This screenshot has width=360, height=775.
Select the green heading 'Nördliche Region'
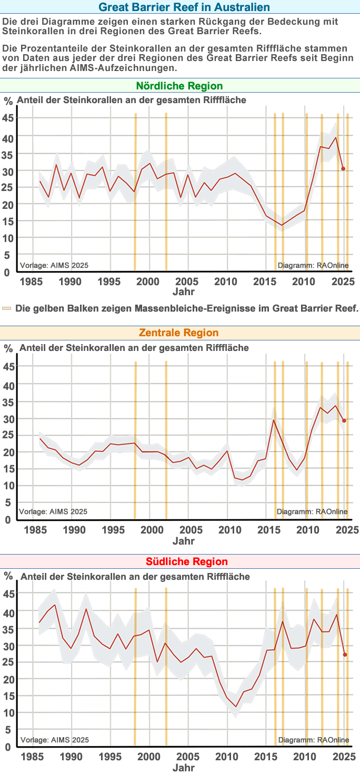tap(179, 86)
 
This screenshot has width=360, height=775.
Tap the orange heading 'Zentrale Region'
tap(178, 333)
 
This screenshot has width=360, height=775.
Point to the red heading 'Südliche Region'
tap(179, 561)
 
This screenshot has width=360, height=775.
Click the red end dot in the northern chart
tap(343, 169)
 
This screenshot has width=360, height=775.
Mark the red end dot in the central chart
tap(344, 420)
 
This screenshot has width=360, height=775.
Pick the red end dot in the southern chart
tap(345, 655)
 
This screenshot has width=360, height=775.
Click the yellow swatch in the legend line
tap(6, 308)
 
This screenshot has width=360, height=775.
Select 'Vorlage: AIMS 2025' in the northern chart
tap(53, 265)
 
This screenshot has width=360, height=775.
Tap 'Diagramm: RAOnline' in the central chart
tap(312, 511)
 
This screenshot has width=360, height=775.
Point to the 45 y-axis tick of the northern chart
tap(8, 118)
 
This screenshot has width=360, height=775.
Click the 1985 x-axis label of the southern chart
tap(33, 757)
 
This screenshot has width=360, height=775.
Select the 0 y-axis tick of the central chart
tap(7, 520)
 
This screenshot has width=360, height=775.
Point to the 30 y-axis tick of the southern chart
tap(8, 645)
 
